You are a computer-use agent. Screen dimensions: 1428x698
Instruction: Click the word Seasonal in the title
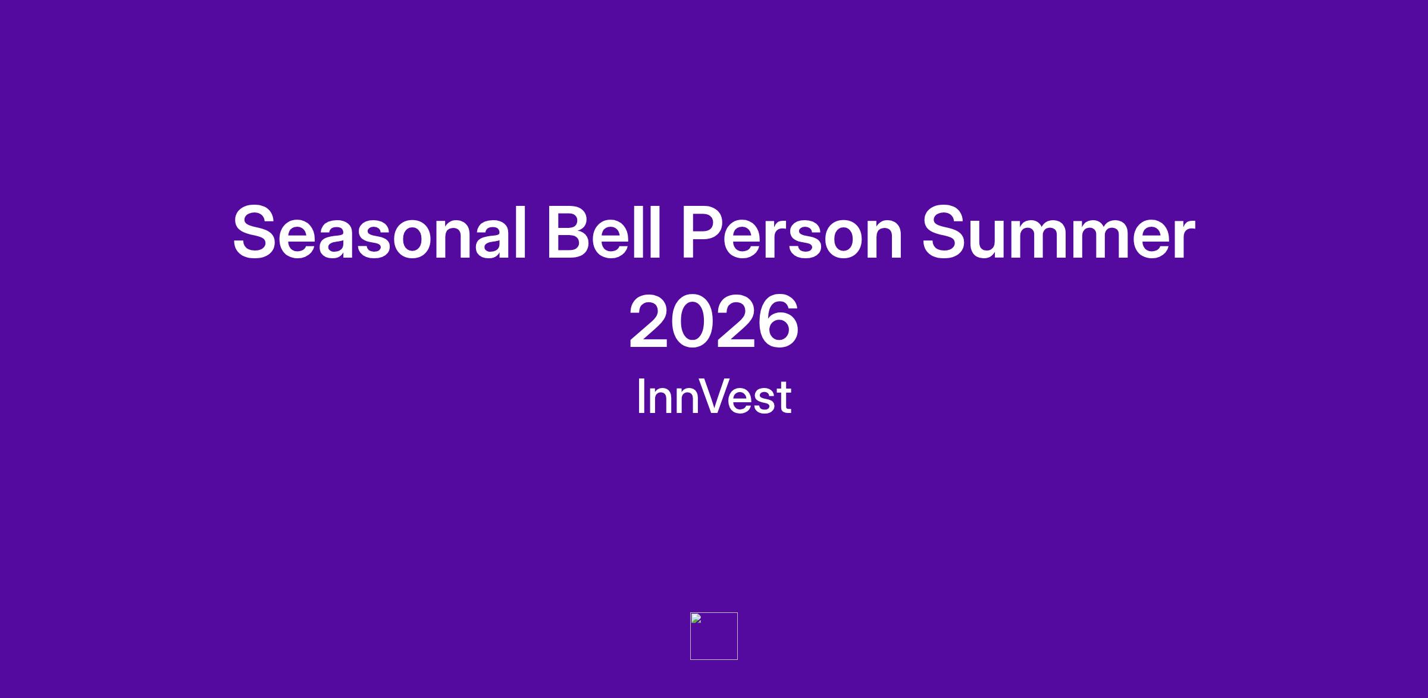(380, 233)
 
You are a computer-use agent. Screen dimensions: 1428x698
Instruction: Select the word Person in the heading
(792, 233)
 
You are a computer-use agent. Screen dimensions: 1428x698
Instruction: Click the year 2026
(714, 322)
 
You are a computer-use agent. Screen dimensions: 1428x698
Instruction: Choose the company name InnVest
(714, 396)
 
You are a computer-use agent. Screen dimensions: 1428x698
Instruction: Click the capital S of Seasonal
(256, 233)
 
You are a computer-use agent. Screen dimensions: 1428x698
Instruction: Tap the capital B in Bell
(572, 231)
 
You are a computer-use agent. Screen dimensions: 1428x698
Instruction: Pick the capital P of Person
(704, 231)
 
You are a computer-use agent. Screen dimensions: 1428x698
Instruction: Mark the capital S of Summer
(947, 233)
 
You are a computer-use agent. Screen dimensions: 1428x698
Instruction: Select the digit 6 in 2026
(779, 322)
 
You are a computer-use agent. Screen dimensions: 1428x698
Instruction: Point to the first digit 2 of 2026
(650, 321)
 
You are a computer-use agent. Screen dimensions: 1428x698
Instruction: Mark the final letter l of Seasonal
(521, 231)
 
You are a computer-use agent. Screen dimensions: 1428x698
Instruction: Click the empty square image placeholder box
(714, 613)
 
